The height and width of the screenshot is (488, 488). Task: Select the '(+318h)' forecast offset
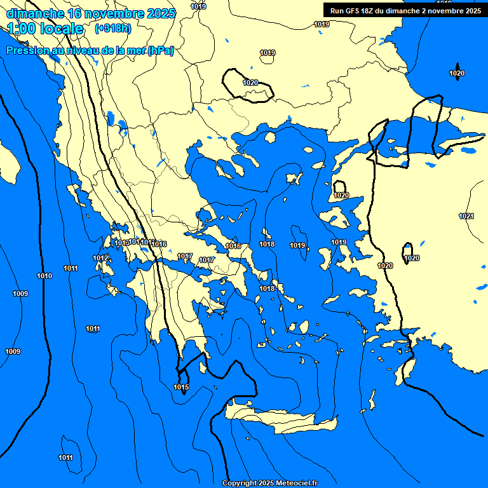113,29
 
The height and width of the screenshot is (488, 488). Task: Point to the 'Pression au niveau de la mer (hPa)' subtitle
90,50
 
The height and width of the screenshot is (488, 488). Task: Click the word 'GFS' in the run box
354,10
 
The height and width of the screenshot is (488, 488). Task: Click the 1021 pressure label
466,216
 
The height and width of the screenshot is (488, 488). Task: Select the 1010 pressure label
44,276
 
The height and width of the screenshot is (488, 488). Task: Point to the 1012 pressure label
100,258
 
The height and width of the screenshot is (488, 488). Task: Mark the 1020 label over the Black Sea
457,73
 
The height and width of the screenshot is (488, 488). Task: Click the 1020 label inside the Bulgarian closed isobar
250,83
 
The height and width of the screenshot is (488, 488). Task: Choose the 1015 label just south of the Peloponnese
181,387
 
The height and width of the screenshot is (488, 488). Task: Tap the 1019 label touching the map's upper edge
198,6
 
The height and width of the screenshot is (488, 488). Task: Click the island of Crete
280,420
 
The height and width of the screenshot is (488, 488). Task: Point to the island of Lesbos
336,217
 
